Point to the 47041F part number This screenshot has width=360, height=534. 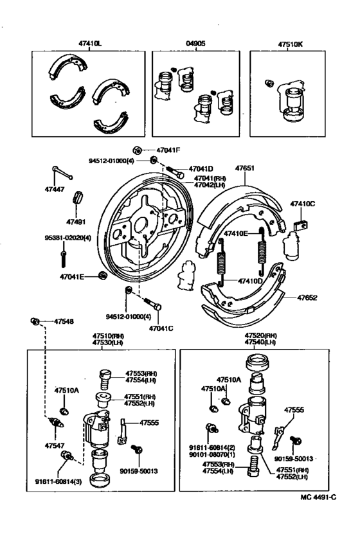(168, 150)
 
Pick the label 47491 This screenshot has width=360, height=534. (76, 222)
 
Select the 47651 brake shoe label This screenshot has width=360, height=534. (244, 168)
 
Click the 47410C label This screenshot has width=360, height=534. (302, 204)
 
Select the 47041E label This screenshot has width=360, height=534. (72, 277)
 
